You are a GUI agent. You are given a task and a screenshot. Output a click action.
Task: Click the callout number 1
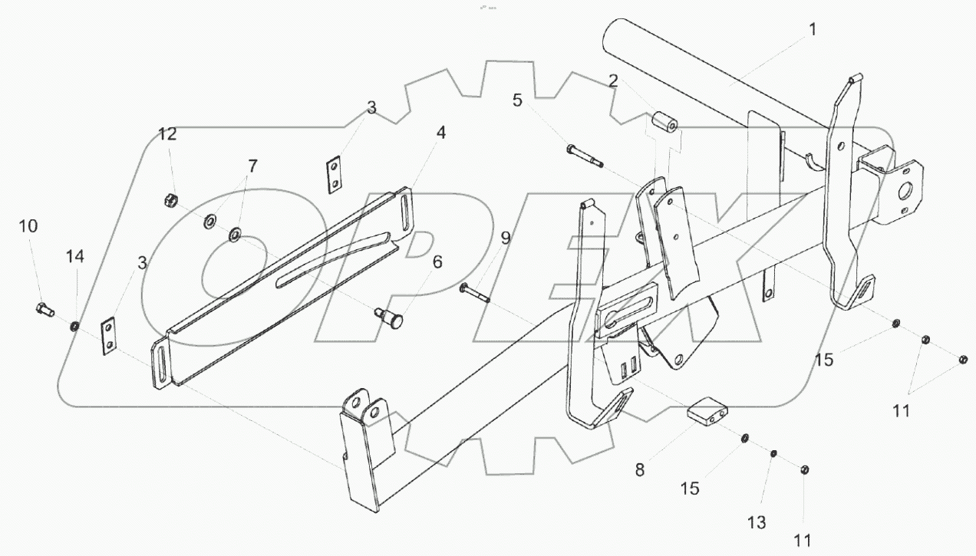click(813, 30)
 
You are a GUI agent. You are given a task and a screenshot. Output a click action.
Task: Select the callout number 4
click(440, 132)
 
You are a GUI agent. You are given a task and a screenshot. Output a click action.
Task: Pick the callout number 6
click(437, 262)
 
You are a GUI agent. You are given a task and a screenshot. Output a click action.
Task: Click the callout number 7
click(252, 165)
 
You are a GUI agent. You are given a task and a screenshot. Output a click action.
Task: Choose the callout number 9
click(506, 238)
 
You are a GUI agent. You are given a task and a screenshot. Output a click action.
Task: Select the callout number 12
click(168, 134)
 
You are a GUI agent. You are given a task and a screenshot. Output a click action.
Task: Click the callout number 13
click(757, 522)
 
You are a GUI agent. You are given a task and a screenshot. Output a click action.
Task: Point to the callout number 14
click(77, 256)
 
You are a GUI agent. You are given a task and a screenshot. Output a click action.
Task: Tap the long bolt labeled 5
click(585, 155)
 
